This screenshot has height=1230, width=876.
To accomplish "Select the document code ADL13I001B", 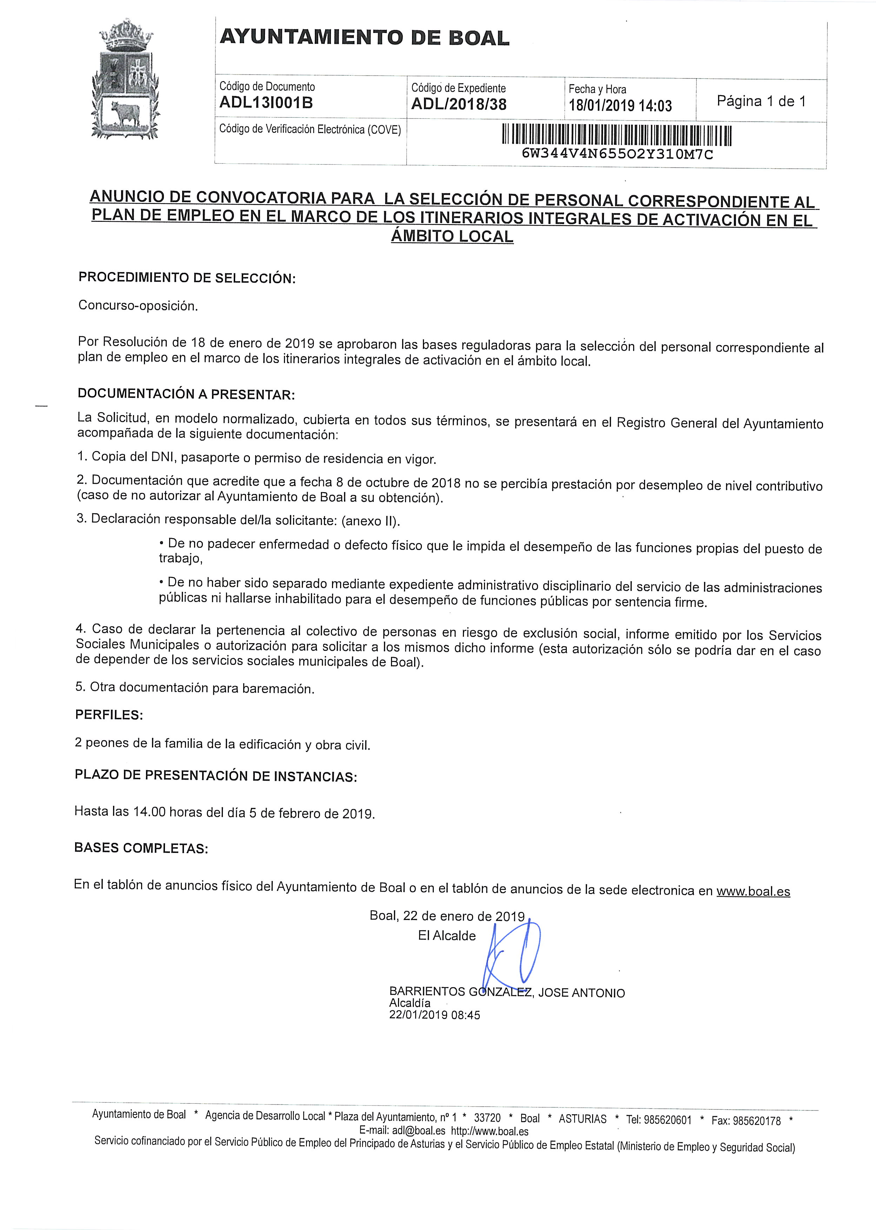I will [x=266, y=103].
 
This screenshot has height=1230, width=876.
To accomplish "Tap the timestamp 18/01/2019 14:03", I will [x=620, y=105].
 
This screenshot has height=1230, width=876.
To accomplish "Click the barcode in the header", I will [x=617, y=136].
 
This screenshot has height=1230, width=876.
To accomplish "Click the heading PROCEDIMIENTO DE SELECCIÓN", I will [x=187, y=278].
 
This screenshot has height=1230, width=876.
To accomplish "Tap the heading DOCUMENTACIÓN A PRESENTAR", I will [x=186, y=394].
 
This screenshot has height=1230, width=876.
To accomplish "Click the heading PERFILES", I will [x=109, y=715].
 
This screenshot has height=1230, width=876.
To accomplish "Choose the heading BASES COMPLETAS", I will [x=141, y=848].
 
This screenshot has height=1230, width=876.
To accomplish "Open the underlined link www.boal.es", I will [x=753, y=891].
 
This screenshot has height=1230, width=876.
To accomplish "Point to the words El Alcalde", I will [x=447, y=936].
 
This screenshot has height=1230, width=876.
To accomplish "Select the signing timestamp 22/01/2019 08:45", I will [x=434, y=1015].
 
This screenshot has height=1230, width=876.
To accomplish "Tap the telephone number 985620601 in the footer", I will [x=666, y=1120].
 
